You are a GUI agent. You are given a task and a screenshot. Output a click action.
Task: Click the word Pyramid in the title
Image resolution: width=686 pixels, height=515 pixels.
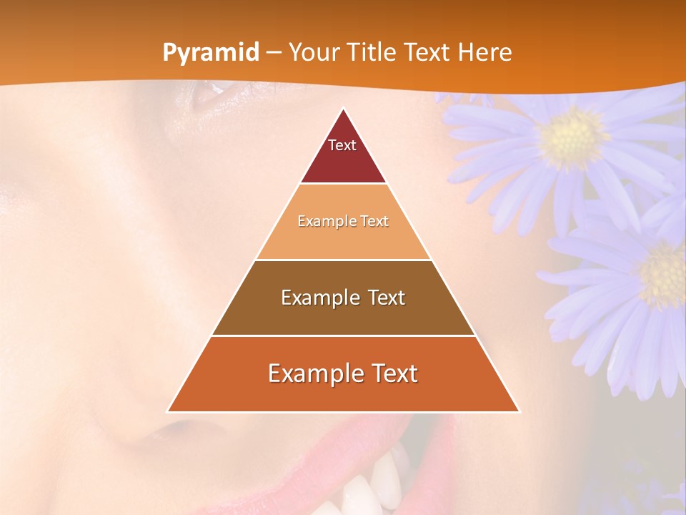point(211,53)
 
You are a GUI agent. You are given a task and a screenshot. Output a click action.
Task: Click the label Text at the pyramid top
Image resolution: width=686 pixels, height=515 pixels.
point(342,145)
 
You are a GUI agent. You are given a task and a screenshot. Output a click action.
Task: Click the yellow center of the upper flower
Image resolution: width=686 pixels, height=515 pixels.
point(572,137)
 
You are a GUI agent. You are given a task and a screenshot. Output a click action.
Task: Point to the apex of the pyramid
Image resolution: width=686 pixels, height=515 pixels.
point(343,109)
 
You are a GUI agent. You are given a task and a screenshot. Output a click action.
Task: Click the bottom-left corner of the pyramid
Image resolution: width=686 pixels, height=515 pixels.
point(167,411)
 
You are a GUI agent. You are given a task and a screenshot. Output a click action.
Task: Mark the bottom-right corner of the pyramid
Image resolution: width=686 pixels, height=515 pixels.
point(520,411)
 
